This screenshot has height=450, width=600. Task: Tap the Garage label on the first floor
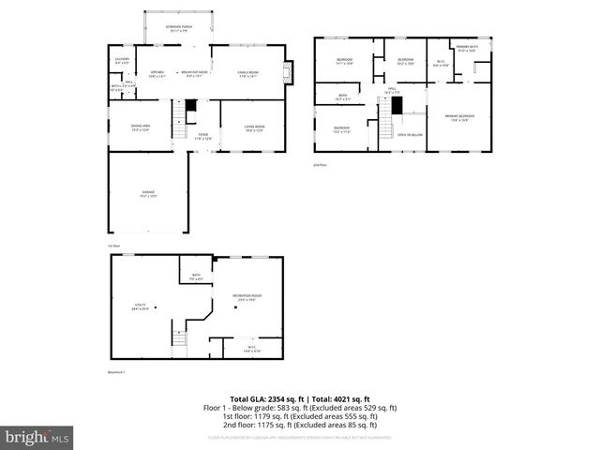(147, 193)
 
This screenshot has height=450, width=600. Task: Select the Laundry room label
(122, 62)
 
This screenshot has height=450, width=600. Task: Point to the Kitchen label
(157, 73)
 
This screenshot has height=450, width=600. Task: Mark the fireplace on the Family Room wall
(289, 72)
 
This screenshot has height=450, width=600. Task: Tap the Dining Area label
(140, 128)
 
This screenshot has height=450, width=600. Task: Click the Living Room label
(255, 128)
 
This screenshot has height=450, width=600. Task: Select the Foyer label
(202, 137)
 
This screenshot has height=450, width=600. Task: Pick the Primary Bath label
(467, 48)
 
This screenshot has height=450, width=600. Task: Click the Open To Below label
(410, 134)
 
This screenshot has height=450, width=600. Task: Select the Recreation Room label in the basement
(247, 297)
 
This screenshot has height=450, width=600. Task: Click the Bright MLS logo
(37, 436)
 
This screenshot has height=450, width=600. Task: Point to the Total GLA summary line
(299, 399)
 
